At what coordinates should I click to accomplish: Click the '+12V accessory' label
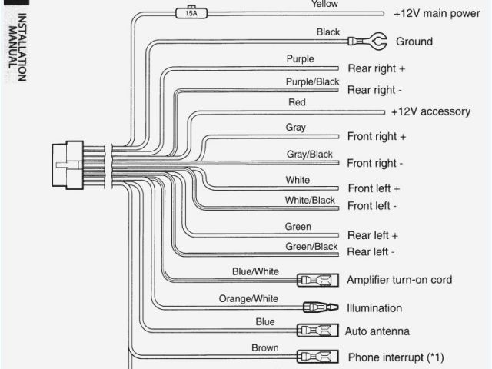coord(430,111)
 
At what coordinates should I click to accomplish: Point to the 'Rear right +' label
coord(377,68)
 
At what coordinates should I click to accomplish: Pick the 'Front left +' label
coord(374,188)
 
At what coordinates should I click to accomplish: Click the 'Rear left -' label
coord(371,251)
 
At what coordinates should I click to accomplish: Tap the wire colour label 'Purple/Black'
coord(312,81)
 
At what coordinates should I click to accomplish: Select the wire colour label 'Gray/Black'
coord(310,155)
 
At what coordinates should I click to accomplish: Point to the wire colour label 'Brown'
coord(265,347)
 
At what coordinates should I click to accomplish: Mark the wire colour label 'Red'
coord(297,102)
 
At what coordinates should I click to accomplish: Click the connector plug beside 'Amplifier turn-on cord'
coord(317,280)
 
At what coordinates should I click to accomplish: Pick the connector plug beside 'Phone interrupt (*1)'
coord(317,357)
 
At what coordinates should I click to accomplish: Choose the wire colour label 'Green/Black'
coord(311,247)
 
